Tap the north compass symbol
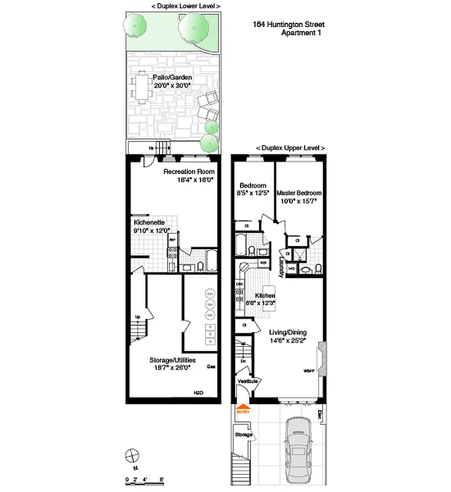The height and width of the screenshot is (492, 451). coord(131,456)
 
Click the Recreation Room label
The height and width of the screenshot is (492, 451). coord(188,172)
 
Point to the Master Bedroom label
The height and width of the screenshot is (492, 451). coord(299,192)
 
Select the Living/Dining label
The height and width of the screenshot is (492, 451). coord(288,333)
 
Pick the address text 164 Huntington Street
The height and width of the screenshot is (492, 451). coord(288,25)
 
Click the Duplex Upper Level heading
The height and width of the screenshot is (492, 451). coord(290,148)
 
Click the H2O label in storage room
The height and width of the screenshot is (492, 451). coord(198,392)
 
